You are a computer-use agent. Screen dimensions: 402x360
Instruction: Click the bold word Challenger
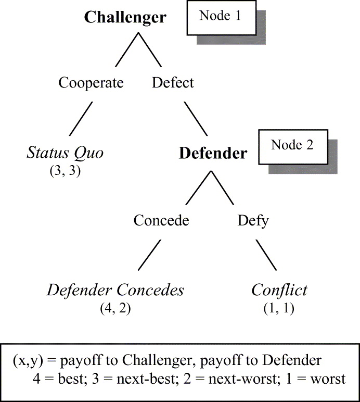(x=125, y=17)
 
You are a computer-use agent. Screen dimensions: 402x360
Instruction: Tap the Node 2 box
(x=292, y=145)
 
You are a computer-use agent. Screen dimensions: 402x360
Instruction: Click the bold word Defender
(x=213, y=154)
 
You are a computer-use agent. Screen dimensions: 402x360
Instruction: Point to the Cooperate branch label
(x=91, y=83)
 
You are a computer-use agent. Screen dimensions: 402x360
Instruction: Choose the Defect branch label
(x=173, y=83)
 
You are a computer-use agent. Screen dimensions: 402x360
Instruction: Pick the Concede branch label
(x=161, y=220)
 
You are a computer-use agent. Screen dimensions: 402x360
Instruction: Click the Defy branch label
(x=253, y=220)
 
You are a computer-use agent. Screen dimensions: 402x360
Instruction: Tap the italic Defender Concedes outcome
(x=115, y=290)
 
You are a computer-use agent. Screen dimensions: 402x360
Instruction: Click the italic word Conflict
(x=279, y=290)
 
